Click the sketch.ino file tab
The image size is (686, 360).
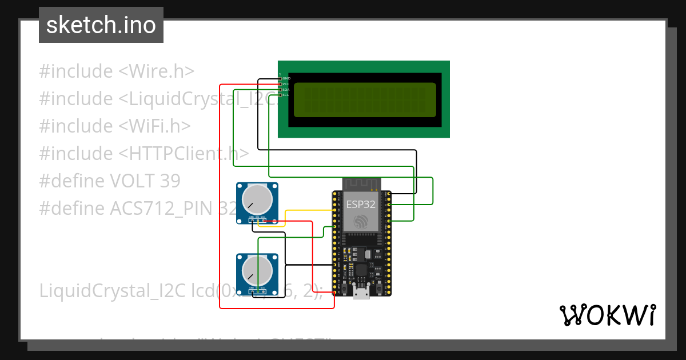point(101,25)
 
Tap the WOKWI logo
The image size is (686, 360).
point(607,315)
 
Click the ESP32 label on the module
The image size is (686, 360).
point(361,204)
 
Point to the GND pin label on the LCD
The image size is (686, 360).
point(286,78)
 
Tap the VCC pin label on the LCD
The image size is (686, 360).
point(286,84)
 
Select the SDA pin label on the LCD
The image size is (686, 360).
point(286,90)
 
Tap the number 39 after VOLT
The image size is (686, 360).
point(170,181)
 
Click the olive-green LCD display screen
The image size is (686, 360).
point(365,100)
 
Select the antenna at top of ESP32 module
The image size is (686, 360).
point(361,184)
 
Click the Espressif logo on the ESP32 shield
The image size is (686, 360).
point(361,222)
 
